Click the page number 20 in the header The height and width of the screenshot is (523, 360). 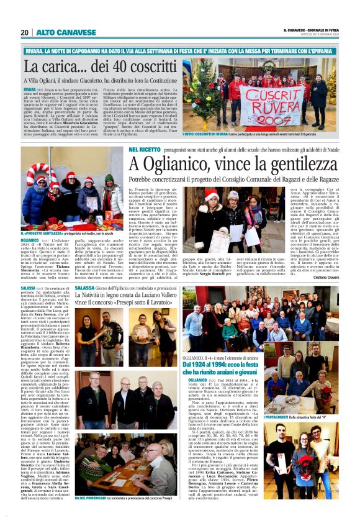coord(25,32)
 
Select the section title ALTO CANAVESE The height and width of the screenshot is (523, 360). coord(56,32)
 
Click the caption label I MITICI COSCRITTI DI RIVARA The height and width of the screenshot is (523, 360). coord(217,135)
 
